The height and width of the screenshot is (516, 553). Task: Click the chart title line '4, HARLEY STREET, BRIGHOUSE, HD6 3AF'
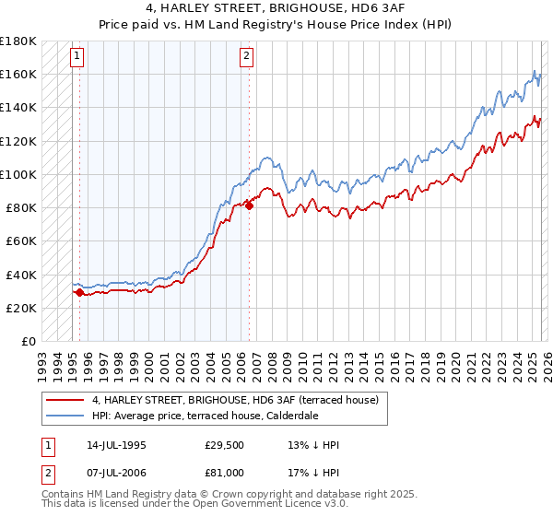tap(276, 8)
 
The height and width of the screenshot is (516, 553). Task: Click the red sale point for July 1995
tap(79, 292)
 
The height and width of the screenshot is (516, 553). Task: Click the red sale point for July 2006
tap(249, 205)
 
